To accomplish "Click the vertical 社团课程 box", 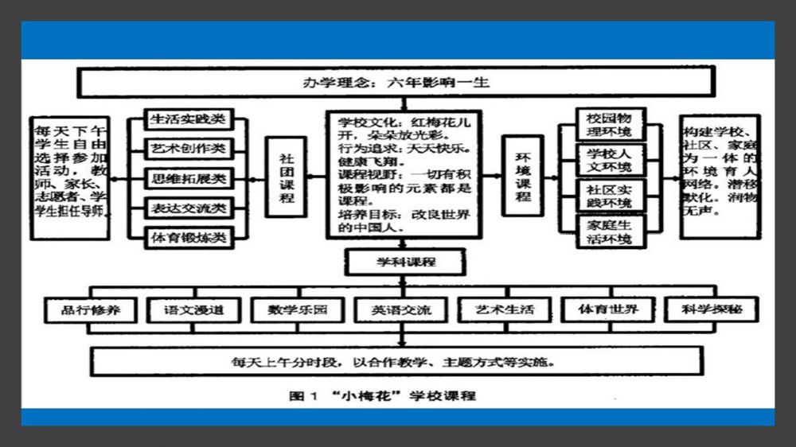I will click(287, 177).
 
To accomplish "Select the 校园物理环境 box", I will click(609, 124).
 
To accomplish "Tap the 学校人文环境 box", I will click(609, 160).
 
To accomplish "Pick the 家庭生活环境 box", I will click(609, 232).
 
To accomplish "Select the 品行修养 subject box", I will click(92, 309).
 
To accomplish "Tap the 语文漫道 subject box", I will click(194, 309).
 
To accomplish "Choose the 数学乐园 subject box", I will click(298, 309).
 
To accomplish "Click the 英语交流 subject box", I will click(401, 309).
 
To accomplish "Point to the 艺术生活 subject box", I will click(505, 309).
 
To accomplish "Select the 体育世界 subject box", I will click(608, 309).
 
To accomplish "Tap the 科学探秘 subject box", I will click(711, 309).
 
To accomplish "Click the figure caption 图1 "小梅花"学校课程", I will click(382, 395).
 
